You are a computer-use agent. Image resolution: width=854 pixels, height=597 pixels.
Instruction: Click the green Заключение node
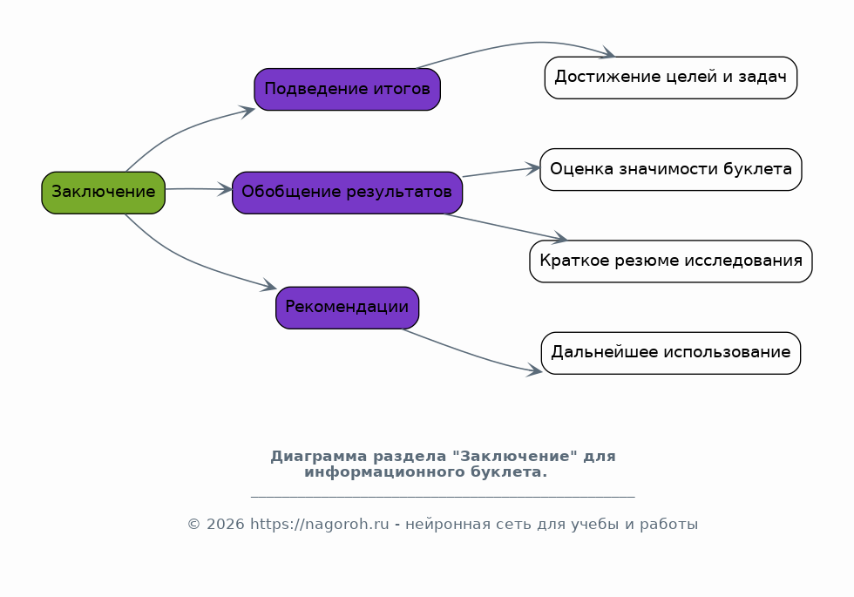(104, 193)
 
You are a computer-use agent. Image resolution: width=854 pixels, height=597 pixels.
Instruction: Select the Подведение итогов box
(348, 89)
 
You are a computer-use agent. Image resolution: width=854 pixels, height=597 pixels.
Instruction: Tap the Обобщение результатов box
(348, 193)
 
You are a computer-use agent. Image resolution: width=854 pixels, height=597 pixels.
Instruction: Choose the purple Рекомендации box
(348, 308)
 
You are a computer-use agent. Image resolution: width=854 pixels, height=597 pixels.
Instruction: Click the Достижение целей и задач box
(671, 78)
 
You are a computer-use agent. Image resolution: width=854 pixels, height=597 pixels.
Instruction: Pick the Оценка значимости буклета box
(671, 169)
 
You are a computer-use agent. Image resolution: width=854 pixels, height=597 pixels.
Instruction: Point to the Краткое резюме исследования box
(671, 261)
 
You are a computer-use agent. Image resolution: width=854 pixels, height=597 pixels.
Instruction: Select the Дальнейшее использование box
(671, 353)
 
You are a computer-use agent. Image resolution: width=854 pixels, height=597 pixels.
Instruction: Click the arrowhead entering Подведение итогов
(248, 112)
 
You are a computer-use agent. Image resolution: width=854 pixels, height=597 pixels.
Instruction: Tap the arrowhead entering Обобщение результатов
(226, 190)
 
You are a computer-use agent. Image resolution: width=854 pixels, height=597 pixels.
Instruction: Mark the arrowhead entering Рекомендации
(269, 286)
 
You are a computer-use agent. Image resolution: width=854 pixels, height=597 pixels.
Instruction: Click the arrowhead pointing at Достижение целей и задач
(608, 53)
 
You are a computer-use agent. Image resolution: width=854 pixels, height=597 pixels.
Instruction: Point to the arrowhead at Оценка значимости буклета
(532, 168)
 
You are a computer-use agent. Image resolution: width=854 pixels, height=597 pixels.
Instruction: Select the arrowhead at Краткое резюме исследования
(559, 237)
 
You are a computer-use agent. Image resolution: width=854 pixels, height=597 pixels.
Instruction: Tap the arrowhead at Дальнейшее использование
(534, 371)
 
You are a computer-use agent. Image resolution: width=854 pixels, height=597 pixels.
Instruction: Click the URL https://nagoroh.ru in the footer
(320, 524)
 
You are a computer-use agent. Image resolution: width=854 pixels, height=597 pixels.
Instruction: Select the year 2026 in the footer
(226, 524)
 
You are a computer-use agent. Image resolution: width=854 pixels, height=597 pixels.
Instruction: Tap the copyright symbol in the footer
(194, 525)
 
